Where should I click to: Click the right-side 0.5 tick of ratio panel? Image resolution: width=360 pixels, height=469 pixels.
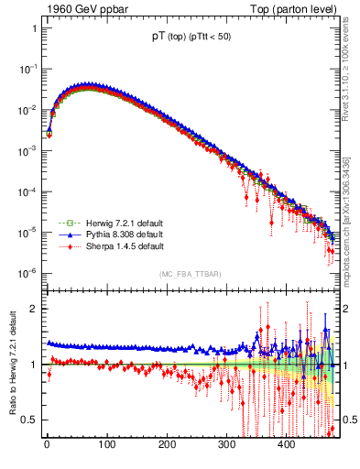[x=349, y=420]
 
